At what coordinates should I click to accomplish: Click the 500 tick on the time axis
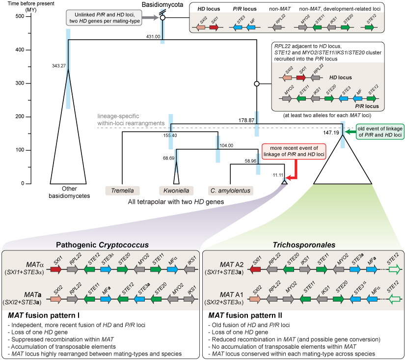pos(18,17)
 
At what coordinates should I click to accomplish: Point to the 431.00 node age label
pos(154,37)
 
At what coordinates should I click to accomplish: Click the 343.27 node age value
pos(59,66)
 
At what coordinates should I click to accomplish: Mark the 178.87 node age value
pos(246,120)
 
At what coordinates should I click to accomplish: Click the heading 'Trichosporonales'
pos(303,244)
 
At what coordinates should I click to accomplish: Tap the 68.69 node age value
pos(168,158)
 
